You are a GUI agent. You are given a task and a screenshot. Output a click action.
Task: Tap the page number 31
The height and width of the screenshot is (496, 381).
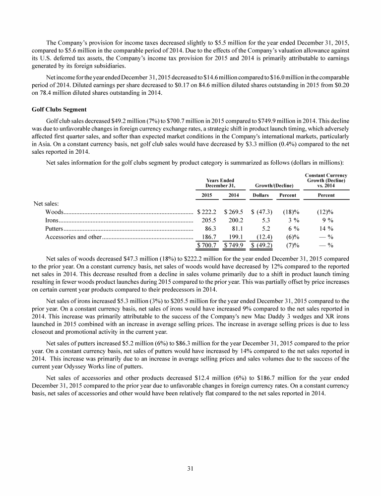click(190, 469)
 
